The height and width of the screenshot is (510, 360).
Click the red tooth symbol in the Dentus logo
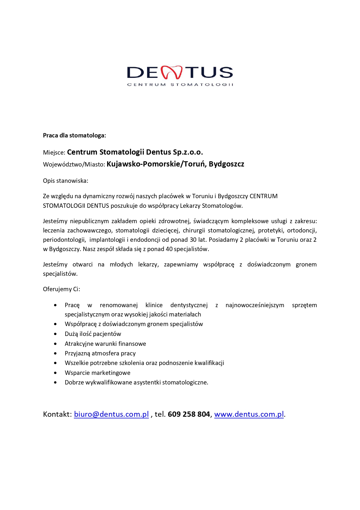pyautogui.click(x=172, y=72)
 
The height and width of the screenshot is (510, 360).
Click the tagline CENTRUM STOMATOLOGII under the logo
pyautogui.click(x=180, y=85)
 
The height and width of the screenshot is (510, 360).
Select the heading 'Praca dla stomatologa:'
pyautogui.click(x=74, y=135)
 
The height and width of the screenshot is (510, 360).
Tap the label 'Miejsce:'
pyautogui.click(x=54, y=153)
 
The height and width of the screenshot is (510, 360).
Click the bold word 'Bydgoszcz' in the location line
pyautogui.click(x=226, y=164)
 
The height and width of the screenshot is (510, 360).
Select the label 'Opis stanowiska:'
pyautogui.click(x=65, y=181)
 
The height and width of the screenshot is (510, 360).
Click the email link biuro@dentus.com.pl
pyautogui.click(x=111, y=414)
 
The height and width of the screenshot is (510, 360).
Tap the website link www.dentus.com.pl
pyautogui.click(x=249, y=414)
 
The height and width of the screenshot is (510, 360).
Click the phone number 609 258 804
pyautogui.click(x=189, y=414)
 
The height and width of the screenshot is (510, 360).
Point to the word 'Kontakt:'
pyautogui.click(x=57, y=414)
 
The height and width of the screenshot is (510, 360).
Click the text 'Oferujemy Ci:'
pyautogui.click(x=61, y=289)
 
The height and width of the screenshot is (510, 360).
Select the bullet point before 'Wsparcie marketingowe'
pyautogui.click(x=55, y=373)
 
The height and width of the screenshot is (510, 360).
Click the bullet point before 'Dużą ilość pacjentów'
pyautogui.click(x=55, y=334)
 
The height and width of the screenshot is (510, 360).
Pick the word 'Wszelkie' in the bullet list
pyautogui.click(x=76, y=363)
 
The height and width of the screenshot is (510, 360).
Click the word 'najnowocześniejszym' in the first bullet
pyautogui.click(x=255, y=305)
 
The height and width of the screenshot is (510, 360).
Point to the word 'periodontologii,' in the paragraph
pyautogui.click(x=64, y=240)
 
